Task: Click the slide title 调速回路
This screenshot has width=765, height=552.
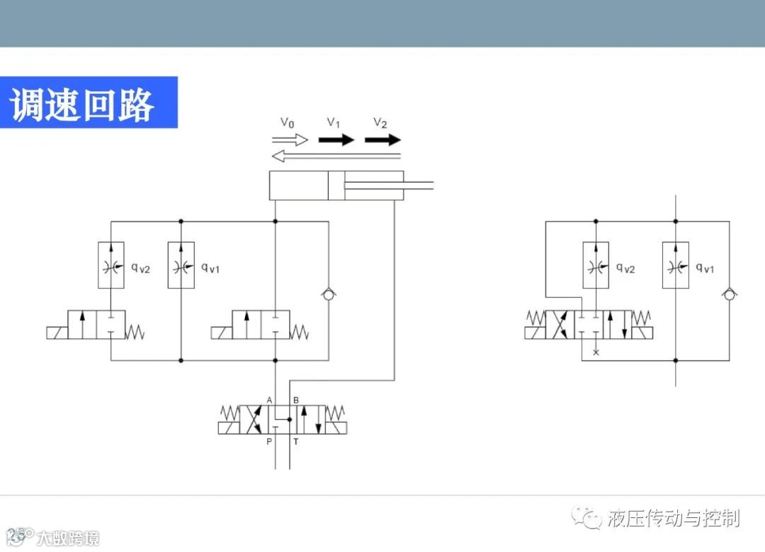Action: tap(82, 104)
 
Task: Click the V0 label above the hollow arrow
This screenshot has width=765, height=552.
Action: tap(287, 122)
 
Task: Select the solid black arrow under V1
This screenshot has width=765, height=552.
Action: tap(336, 139)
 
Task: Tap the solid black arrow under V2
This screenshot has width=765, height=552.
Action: tap(382, 139)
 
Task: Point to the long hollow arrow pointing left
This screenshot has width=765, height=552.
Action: tap(336, 156)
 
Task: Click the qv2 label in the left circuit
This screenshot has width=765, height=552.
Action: tap(141, 268)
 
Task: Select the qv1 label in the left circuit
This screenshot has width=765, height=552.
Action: tap(210, 268)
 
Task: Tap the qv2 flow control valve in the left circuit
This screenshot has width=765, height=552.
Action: tap(111, 265)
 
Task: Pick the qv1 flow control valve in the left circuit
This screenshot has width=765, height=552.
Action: tap(181, 265)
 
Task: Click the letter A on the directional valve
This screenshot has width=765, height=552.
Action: tap(269, 400)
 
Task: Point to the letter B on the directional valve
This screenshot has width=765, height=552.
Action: tap(295, 400)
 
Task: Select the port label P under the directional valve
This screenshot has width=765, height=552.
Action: tap(269, 442)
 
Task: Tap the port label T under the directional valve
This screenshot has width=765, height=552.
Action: tap(296, 442)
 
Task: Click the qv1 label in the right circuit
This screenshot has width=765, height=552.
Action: tap(704, 268)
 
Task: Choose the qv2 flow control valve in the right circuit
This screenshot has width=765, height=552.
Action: tap(596, 265)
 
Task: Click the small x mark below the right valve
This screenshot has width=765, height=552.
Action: tap(596, 352)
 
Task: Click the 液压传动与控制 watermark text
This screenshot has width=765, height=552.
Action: tap(673, 518)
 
